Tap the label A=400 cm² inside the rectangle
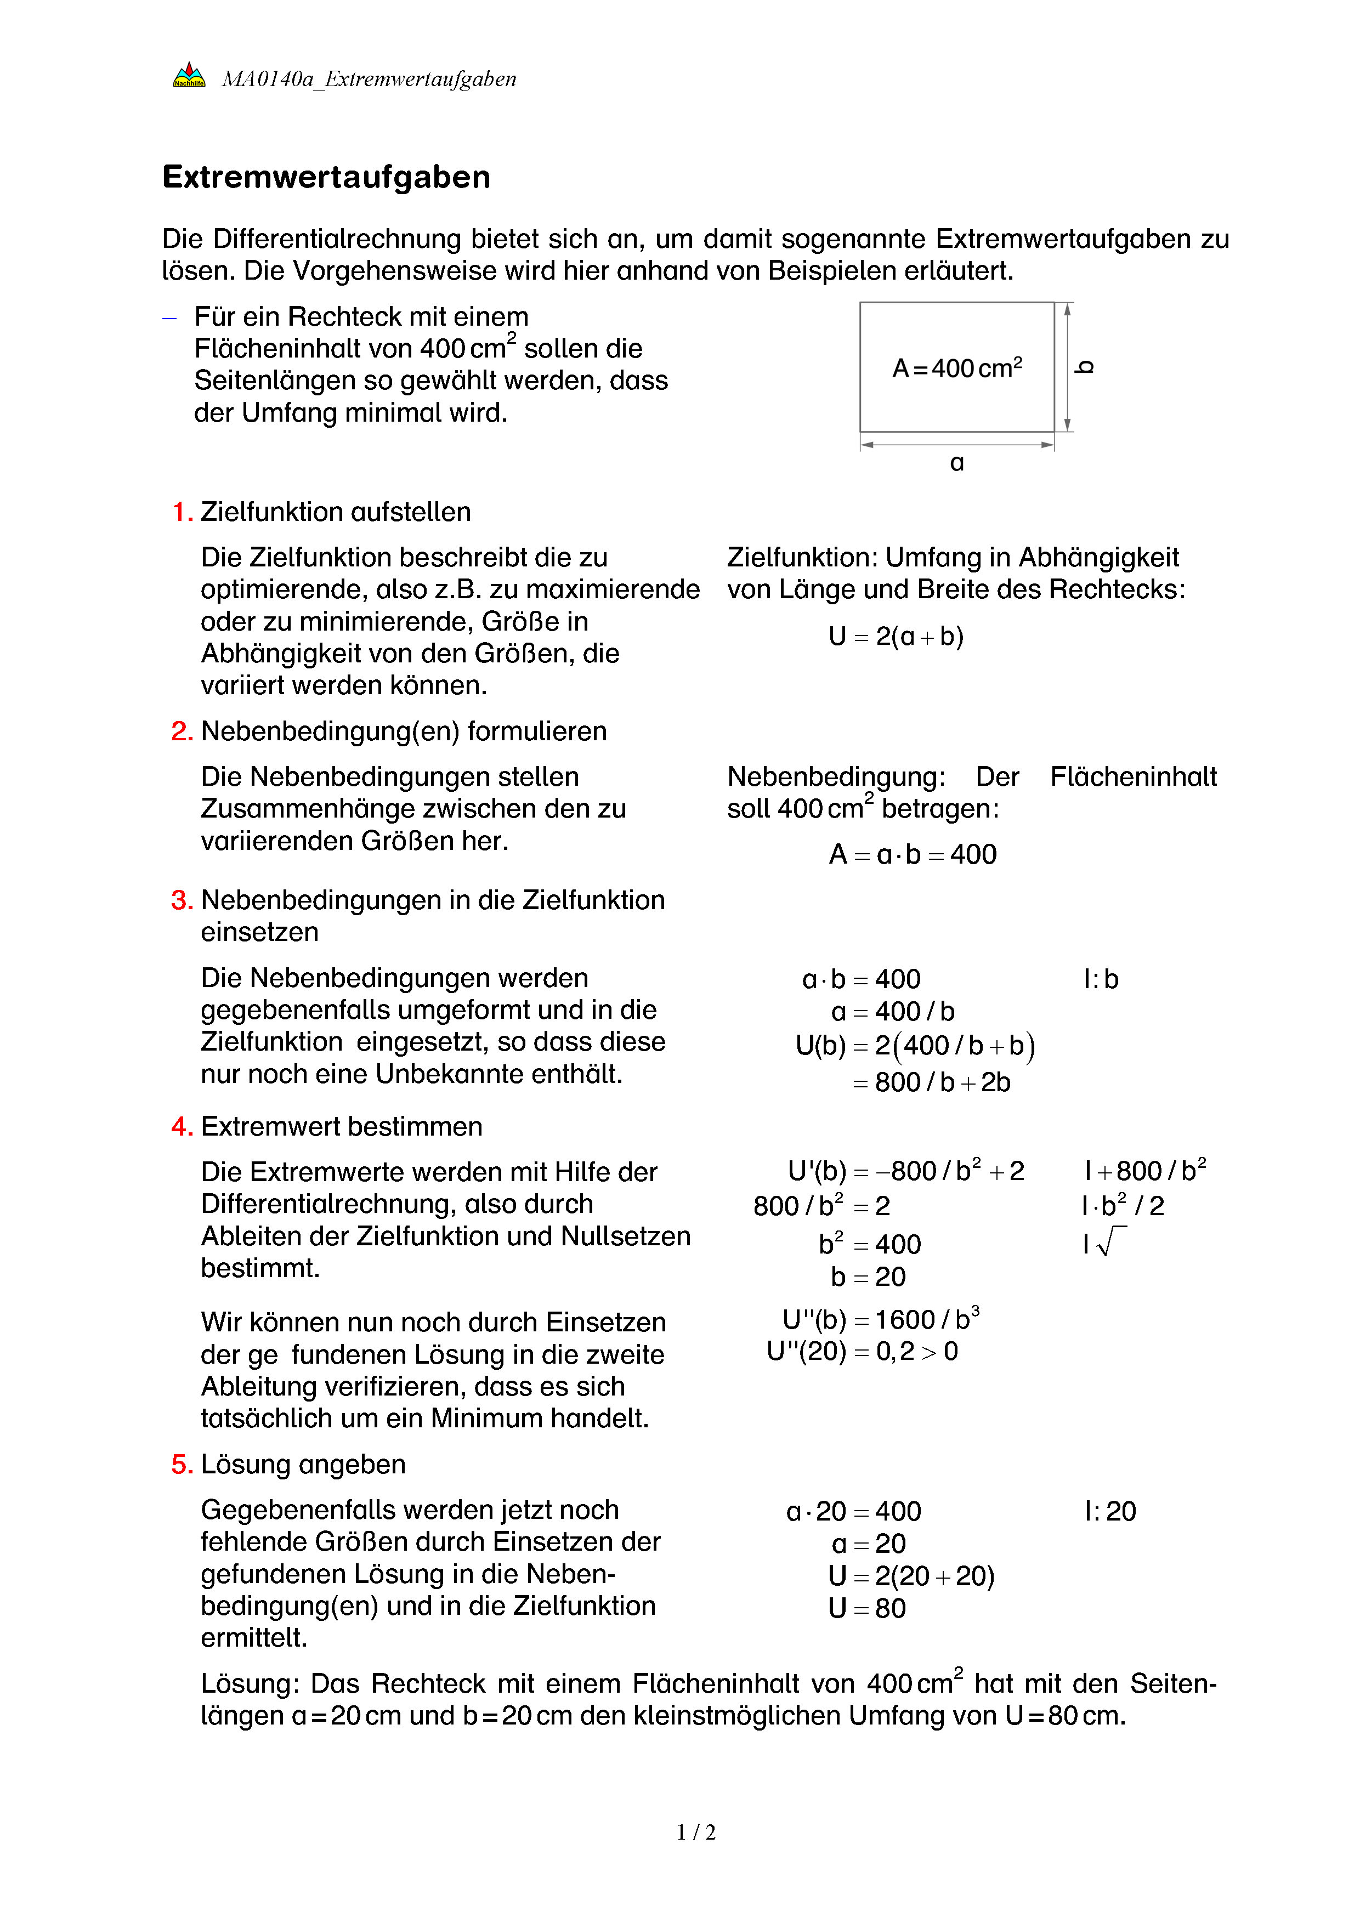[956, 368]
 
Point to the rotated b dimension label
[1085, 367]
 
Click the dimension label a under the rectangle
[956, 462]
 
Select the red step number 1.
[182, 512]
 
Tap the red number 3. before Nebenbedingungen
[182, 900]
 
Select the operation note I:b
[1101, 979]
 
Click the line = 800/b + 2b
[931, 1082]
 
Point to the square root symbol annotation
[1106, 1242]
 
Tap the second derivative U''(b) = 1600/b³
[880, 1319]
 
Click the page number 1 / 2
[696, 1833]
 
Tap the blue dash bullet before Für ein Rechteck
[170, 318]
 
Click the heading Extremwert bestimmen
[341, 1126]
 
